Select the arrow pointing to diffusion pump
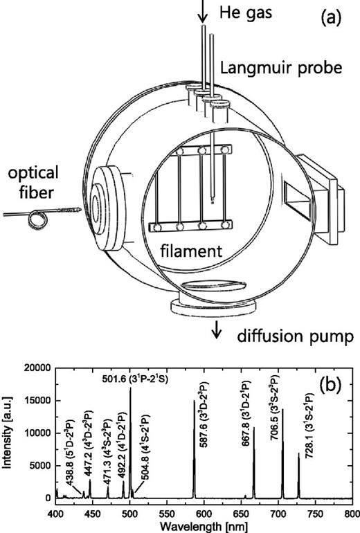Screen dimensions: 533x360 [x=220, y=331]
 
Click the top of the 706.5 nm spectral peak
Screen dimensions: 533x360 [x=282, y=410]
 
